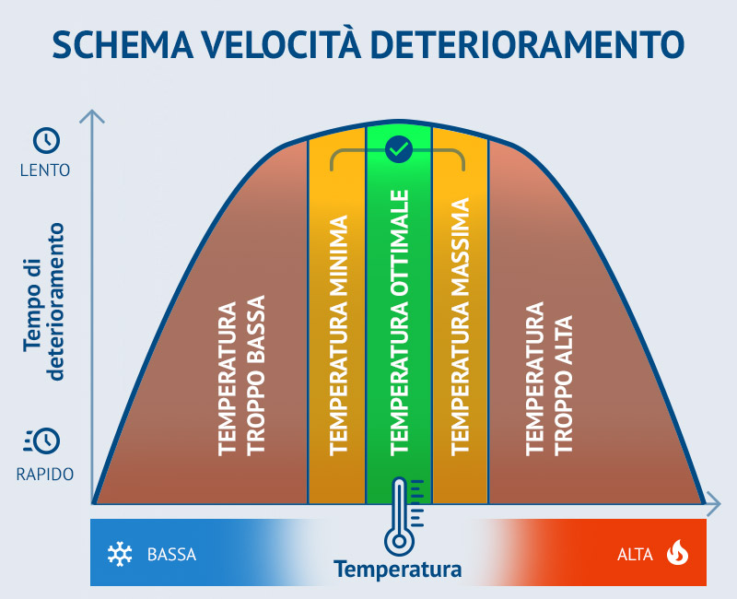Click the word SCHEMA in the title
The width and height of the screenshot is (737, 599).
(x=123, y=45)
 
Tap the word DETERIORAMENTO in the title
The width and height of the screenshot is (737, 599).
(x=527, y=45)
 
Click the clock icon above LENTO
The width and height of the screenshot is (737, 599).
(x=47, y=140)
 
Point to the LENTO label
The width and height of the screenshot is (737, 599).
(x=45, y=170)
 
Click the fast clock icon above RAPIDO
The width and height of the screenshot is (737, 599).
(x=42, y=440)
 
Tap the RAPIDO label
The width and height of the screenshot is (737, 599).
(x=45, y=474)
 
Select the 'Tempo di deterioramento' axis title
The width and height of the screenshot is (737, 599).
(x=43, y=301)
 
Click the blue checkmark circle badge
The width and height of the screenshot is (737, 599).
(x=399, y=149)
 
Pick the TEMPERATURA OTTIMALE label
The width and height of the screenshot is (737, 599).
(x=399, y=323)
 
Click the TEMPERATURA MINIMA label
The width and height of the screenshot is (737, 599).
(x=338, y=335)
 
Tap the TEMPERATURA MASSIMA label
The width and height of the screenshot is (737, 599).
(x=460, y=326)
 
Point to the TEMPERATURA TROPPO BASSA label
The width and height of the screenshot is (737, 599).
(x=241, y=375)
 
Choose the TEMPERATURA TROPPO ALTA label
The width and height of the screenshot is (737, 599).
(x=549, y=379)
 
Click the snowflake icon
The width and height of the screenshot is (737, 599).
(x=120, y=554)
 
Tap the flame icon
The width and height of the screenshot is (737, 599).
(x=677, y=552)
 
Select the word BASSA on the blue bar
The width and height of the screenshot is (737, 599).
(x=171, y=555)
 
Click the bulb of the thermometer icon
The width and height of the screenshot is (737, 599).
(x=399, y=541)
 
